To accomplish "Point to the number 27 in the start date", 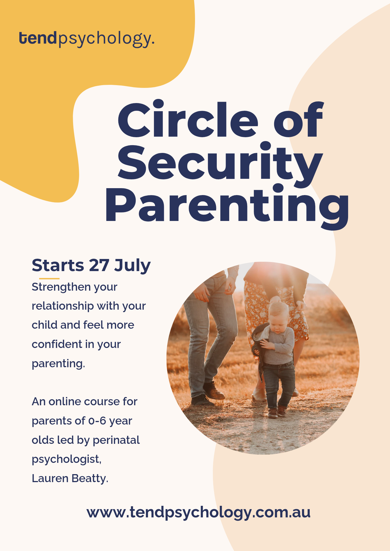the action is click(99, 265).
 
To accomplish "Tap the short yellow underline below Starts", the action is click(49, 279).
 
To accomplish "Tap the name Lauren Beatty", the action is click(70, 479).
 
